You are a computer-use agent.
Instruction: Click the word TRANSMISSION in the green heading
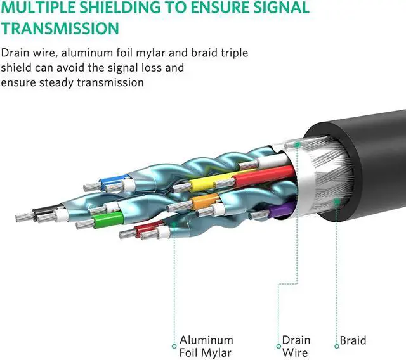click(60, 29)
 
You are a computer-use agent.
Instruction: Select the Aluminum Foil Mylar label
click(206, 347)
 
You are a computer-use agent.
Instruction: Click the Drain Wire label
click(296, 347)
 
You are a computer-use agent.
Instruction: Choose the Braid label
click(353, 341)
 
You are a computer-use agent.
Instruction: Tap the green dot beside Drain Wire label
click(278, 346)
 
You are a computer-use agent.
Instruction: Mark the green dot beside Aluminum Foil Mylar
click(174, 346)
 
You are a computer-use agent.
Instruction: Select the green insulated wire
click(101, 219)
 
